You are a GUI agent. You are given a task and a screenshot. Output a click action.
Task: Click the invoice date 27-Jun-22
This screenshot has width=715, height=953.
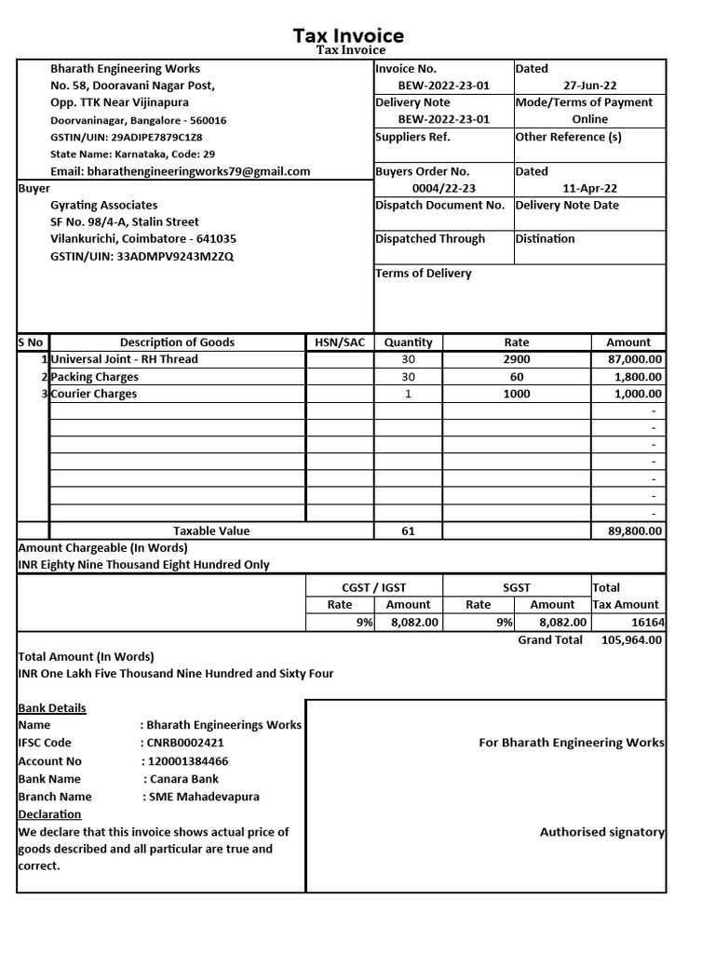(590, 86)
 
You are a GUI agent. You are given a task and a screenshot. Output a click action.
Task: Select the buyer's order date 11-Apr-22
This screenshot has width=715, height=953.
(590, 188)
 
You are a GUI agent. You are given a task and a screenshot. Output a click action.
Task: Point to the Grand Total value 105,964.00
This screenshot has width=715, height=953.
(632, 639)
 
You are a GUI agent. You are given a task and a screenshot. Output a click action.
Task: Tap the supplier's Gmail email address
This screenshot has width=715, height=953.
(197, 171)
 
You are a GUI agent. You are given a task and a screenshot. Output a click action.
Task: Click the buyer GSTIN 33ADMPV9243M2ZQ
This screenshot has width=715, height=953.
(142, 256)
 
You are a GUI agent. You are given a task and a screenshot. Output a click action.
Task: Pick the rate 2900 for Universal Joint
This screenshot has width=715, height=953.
(517, 359)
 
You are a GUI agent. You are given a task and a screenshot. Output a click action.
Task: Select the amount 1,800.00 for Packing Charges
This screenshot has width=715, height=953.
(638, 377)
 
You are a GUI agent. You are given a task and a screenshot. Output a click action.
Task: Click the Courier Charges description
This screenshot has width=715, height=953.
(94, 394)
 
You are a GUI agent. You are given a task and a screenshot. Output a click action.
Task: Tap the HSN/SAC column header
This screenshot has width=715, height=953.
(340, 342)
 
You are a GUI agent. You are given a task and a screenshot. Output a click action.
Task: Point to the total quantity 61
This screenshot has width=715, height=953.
(408, 530)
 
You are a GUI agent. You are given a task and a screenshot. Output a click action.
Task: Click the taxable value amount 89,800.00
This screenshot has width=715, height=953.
(632, 530)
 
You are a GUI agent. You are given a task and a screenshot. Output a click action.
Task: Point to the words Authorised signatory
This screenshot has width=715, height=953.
(601, 832)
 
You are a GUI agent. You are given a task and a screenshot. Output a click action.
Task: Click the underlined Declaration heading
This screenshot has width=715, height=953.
(49, 814)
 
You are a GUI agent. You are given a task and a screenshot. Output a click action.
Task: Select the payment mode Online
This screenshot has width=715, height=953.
(590, 119)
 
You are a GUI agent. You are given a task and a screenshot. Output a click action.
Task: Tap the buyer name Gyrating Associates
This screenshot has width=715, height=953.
(104, 205)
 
